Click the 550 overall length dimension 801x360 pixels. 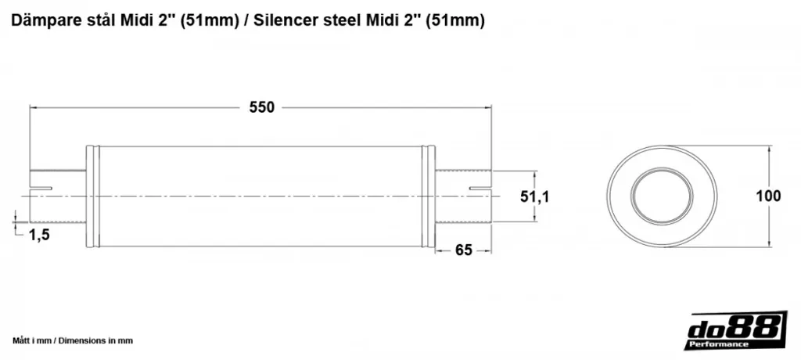(261, 107)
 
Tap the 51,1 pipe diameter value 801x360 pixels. (535, 196)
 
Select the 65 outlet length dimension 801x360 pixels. (463, 250)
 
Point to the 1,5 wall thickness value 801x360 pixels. (39, 235)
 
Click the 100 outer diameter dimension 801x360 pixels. (769, 196)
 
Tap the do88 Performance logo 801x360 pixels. (737, 330)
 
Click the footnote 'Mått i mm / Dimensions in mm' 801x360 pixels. (73, 340)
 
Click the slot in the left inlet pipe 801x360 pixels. (41, 189)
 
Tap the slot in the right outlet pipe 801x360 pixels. (480, 189)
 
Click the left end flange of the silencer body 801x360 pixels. (92, 197)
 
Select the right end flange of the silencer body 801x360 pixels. (429, 197)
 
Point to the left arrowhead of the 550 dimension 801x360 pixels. (31, 107)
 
